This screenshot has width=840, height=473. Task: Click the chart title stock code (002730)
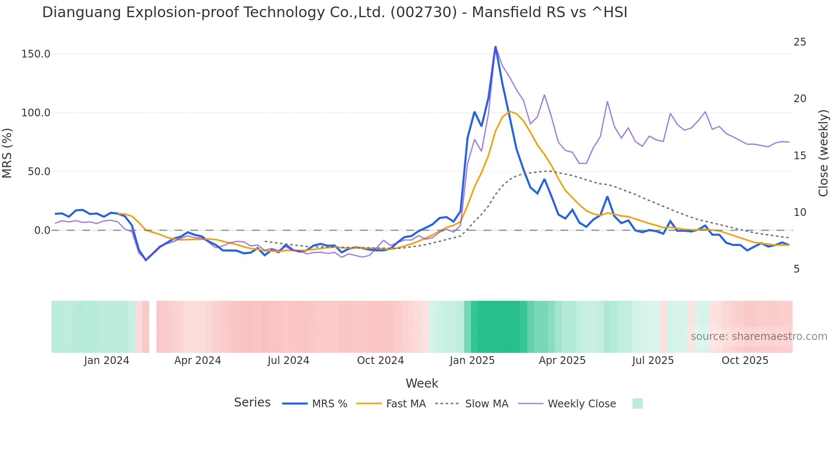tap(423, 12)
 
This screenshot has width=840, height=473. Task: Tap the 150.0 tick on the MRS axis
tap(36, 54)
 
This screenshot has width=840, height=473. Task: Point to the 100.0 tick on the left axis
tap(36, 113)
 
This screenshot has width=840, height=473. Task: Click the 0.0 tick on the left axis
tap(42, 230)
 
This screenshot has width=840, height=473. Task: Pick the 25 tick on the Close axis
tap(800, 42)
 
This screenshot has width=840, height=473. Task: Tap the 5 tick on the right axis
tap(797, 269)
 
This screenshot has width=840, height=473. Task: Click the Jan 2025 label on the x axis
tap(472, 361)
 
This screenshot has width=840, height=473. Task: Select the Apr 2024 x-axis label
tap(198, 361)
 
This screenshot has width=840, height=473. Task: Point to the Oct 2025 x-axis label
tap(745, 361)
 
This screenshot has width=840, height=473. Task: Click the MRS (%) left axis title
tap(7, 153)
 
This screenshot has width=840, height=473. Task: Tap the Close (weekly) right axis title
tap(823, 153)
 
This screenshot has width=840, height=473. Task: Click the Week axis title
tap(422, 383)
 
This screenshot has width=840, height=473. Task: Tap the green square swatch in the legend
tap(637, 403)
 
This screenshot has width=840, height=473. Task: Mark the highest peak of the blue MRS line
tap(495, 47)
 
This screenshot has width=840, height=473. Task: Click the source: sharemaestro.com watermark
tap(759, 337)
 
